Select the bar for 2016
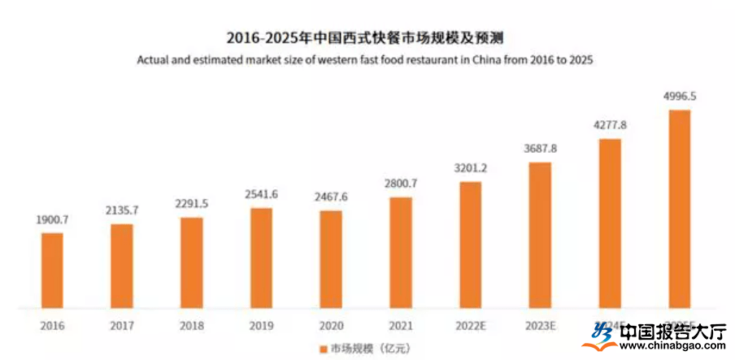coord(52,271)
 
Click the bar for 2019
coord(261,258)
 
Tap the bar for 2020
coord(331,260)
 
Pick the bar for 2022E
coord(470,245)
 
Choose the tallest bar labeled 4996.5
coord(679,210)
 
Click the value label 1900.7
coord(52,221)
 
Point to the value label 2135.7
coord(122,210)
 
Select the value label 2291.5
coord(191,204)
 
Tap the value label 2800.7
coord(400,184)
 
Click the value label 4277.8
coord(609,125)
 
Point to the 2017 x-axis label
coord(122,326)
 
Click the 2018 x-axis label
coord(191,326)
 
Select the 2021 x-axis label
coord(400,326)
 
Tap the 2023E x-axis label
coord(539,326)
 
